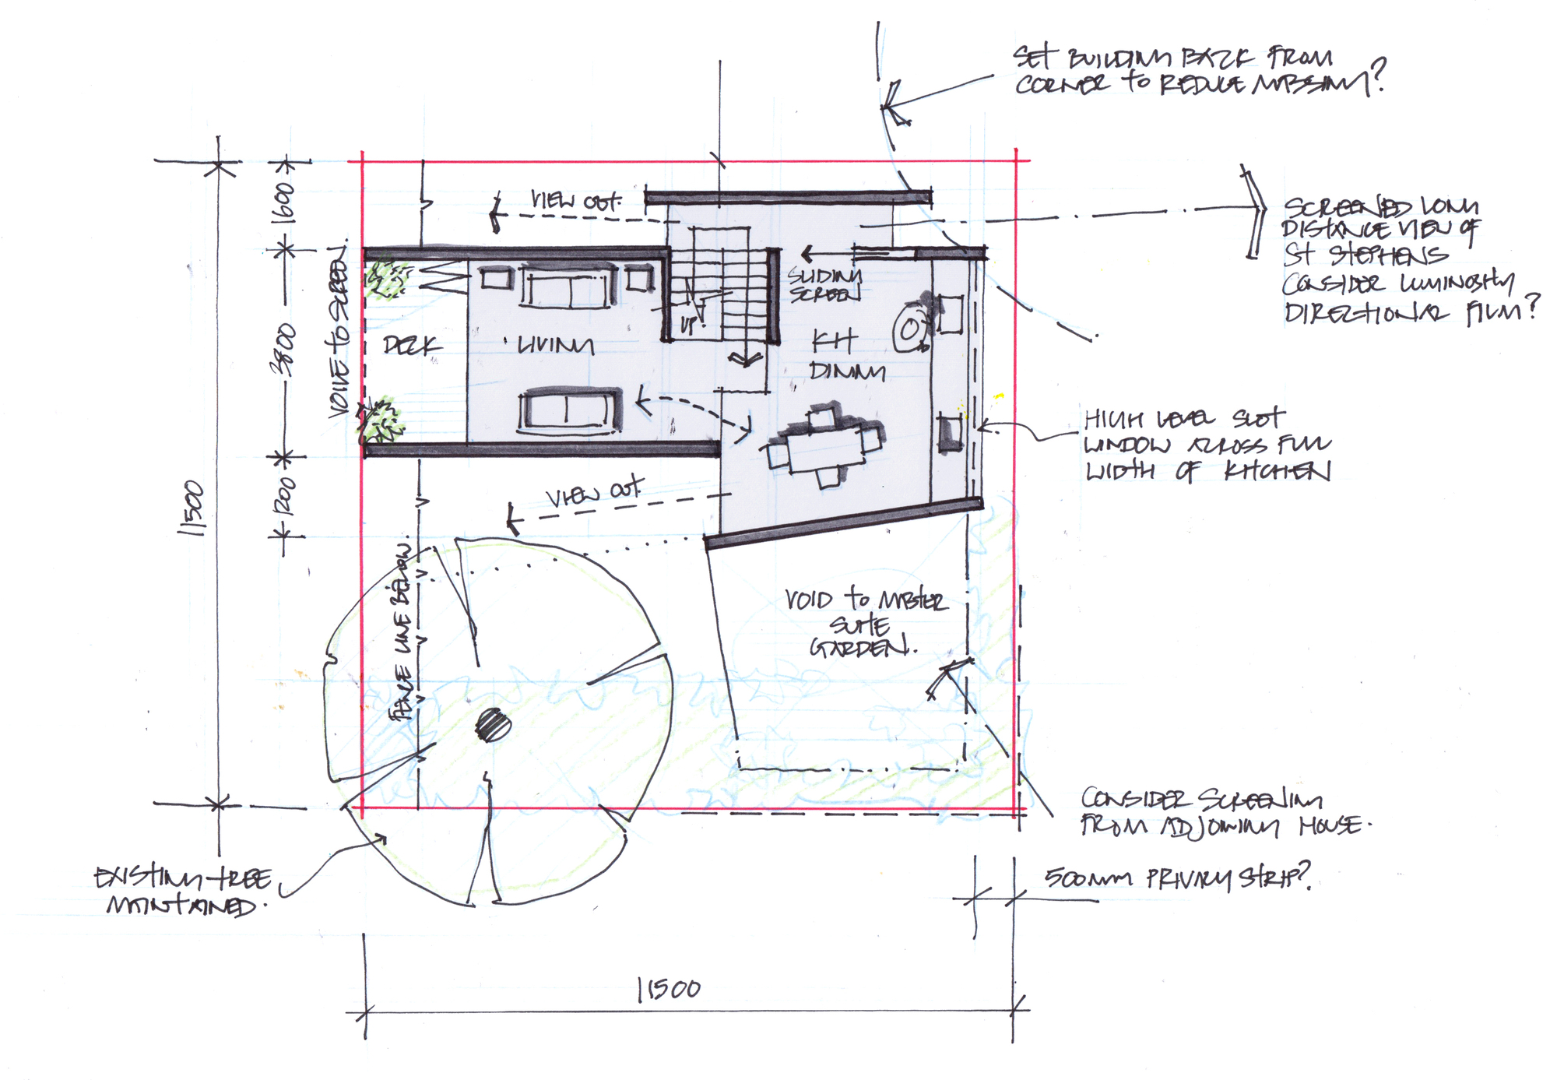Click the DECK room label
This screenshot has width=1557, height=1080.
[x=412, y=346]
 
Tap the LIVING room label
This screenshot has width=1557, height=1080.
[x=555, y=345]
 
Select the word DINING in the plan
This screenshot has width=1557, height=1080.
[x=847, y=371]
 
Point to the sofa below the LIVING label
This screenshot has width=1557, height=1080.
[x=570, y=410]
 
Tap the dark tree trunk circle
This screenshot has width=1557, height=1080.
[x=493, y=725]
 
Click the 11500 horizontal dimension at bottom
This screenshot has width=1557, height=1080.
[x=669, y=990]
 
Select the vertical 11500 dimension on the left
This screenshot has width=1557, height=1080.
[x=192, y=508]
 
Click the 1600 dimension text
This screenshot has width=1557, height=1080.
[x=285, y=203]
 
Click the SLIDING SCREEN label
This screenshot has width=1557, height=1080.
[x=824, y=285]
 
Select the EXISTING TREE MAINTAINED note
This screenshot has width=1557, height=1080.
[x=183, y=892]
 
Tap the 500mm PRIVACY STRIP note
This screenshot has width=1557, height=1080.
[x=1176, y=878]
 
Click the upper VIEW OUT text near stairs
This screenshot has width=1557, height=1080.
[x=576, y=201]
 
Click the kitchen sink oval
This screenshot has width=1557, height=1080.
[x=909, y=330]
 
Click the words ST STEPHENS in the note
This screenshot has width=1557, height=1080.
[x=1365, y=255]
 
